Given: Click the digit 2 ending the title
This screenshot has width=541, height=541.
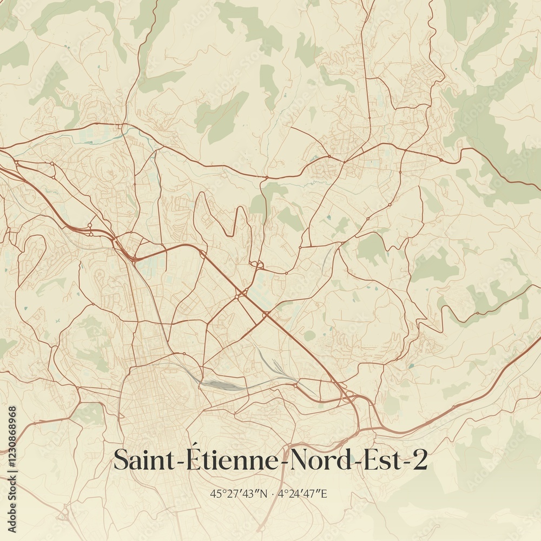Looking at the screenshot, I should tap(419, 461).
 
